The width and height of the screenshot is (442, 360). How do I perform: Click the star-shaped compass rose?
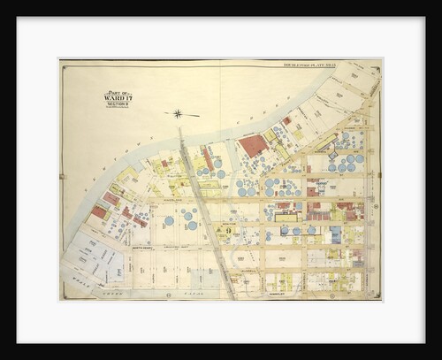point(178,113)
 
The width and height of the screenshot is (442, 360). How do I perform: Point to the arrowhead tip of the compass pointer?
point(200,114)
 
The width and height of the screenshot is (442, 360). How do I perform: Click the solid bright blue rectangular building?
point(335,234)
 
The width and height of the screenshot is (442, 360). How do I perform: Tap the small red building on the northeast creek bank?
point(286,121)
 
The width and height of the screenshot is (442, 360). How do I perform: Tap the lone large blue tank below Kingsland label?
point(169,220)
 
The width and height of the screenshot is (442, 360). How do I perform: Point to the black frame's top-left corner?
point(18,18)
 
